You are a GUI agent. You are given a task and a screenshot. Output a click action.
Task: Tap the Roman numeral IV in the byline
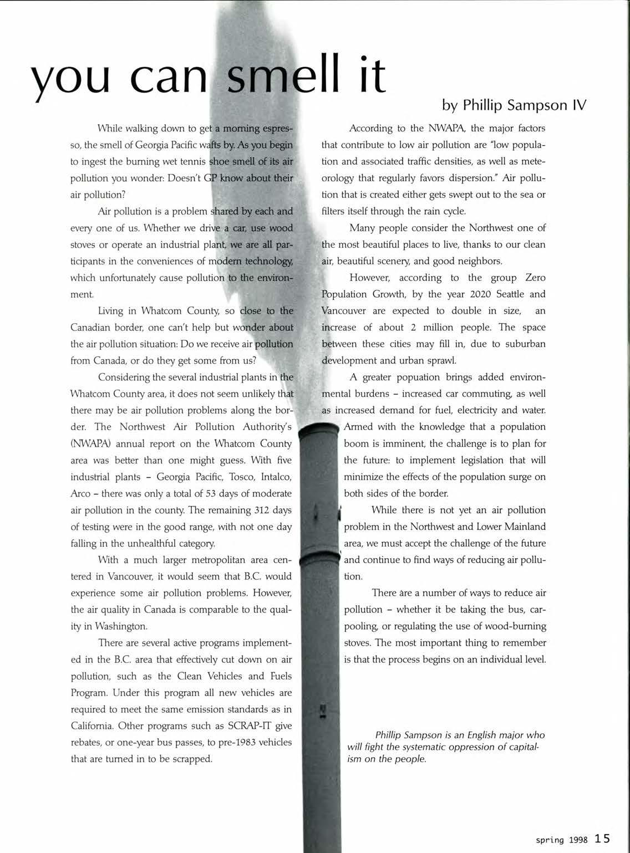(577, 105)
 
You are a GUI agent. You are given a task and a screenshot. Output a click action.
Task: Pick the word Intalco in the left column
(272, 477)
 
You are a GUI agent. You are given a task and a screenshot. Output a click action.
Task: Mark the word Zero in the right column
(535, 277)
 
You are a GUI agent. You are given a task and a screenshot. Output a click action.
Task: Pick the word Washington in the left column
(121, 626)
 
